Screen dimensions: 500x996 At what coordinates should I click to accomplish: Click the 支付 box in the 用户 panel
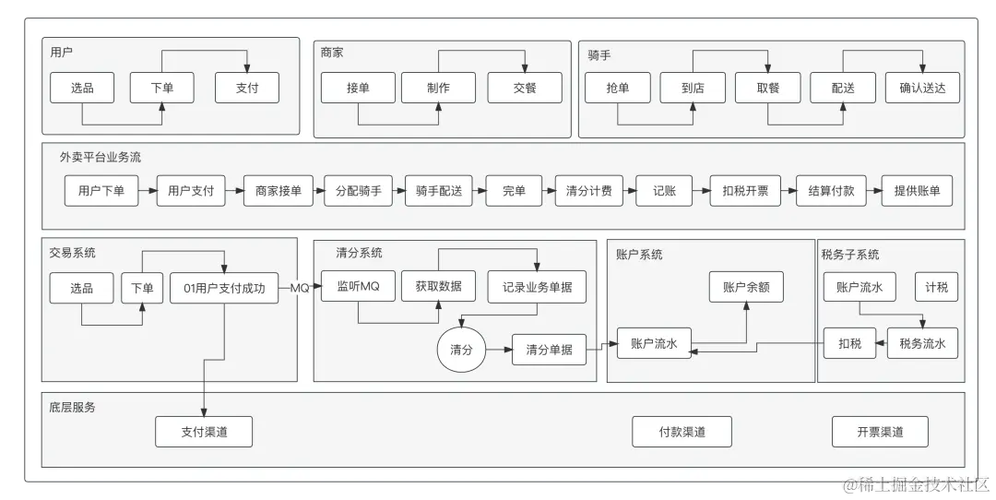pyautogui.click(x=247, y=88)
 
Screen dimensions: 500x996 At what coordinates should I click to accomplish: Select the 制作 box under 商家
pyautogui.click(x=438, y=88)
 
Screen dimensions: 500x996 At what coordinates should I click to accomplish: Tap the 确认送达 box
pyautogui.click(x=922, y=88)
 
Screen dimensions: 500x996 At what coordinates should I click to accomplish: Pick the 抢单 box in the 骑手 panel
pyautogui.click(x=618, y=88)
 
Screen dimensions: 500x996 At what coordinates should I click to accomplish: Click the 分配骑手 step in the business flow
pyautogui.click(x=352, y=191)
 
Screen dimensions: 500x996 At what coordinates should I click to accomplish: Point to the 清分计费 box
pyautogui.click(x=588, y=191)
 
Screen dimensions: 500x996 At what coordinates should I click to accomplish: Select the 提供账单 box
pyautogui.click(x=917, y=191)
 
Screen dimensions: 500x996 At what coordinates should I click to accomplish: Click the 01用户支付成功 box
pyautogui.click(x=224, y=288)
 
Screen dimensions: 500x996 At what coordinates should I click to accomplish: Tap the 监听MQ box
pyautogui.click(x=351, y=287)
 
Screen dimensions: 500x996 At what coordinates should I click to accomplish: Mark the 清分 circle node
pyautogui.click(x=461, y=350)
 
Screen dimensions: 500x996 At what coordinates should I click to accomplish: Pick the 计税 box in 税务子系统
pyautogui.click(x=936, y=287)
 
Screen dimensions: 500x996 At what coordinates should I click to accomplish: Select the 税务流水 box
pyautogui.click(x=922, y=343)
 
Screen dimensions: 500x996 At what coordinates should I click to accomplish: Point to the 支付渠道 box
pyautogui.click(x=204, y=431)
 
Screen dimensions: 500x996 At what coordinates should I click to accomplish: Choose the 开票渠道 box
pyautogui.click(x=880, y=431)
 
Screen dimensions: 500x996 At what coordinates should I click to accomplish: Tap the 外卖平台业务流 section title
pyautogui.click(x=101, y=158)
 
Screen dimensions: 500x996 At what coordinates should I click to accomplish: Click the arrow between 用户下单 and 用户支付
pyautogui.click(x=147, y=191)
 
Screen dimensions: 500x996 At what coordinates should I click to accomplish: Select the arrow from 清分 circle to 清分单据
pyautogui.click(x=499, y=350)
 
